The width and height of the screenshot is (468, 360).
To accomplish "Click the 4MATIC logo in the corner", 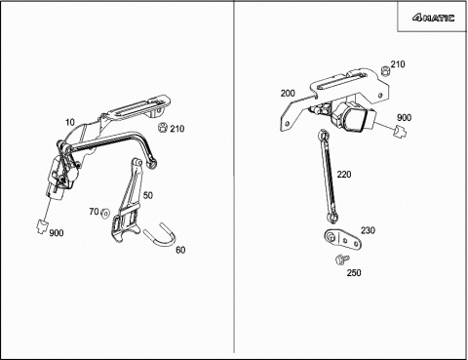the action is pos(434,18).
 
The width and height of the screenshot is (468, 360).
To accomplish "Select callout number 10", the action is pos(70,123).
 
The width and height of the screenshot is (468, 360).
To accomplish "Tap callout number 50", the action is pos(148,195).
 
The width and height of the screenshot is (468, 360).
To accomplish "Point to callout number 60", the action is pos(180,250).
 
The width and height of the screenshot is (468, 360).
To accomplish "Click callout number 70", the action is pos(94,212).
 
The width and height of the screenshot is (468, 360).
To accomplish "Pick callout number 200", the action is pos(288,94).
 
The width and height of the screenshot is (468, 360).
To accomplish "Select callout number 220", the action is pos(344,175).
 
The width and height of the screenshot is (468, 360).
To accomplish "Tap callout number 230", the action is pos(368,230).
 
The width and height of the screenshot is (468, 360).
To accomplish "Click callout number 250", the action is pos(354,273).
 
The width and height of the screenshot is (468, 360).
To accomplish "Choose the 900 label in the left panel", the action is pos(57,233).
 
